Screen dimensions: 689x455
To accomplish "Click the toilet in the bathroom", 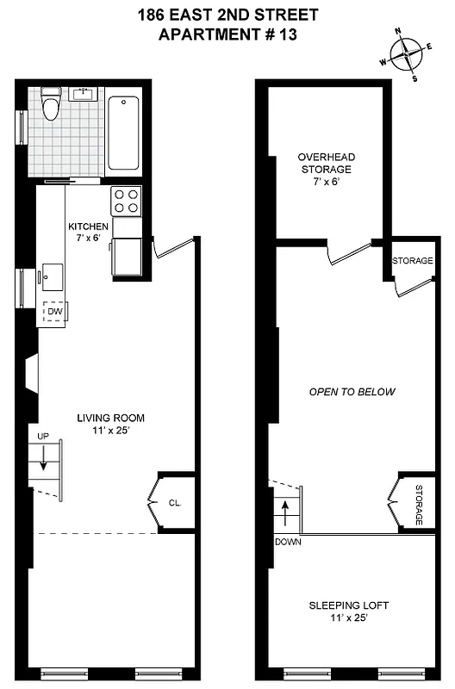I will (51, 106).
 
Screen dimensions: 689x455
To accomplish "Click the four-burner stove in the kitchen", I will (127, 201).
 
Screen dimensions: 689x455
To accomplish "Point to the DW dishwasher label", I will (55, 311).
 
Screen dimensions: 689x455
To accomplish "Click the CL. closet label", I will (175, 503).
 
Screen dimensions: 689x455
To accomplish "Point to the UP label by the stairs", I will (41, 437).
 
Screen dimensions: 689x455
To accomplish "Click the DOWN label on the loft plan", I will (287, 543).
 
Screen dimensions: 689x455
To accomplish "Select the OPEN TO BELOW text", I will (352, 392).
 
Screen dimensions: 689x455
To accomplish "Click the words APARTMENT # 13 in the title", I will (227, 34).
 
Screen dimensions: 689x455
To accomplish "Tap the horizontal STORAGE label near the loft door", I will (413, 261).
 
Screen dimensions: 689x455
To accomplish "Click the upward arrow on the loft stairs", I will (285, 512).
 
